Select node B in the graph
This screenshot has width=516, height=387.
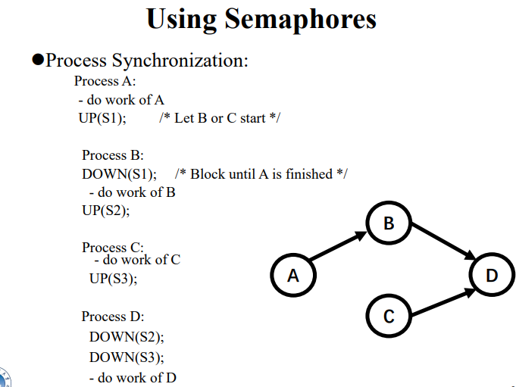389,223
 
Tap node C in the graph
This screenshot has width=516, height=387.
389,316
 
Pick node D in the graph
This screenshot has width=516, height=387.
492,275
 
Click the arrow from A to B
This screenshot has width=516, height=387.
338,248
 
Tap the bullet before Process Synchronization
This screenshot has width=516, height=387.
38,61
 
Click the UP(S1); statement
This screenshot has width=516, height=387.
102,119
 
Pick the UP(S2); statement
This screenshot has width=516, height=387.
106,211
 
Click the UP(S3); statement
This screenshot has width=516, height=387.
114,279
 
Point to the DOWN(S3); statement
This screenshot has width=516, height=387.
127,357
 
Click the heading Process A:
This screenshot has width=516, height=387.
105,81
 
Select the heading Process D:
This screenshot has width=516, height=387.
113,317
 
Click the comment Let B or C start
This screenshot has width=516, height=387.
220,119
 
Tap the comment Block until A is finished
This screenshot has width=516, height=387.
261,174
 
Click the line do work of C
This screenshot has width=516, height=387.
137,260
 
